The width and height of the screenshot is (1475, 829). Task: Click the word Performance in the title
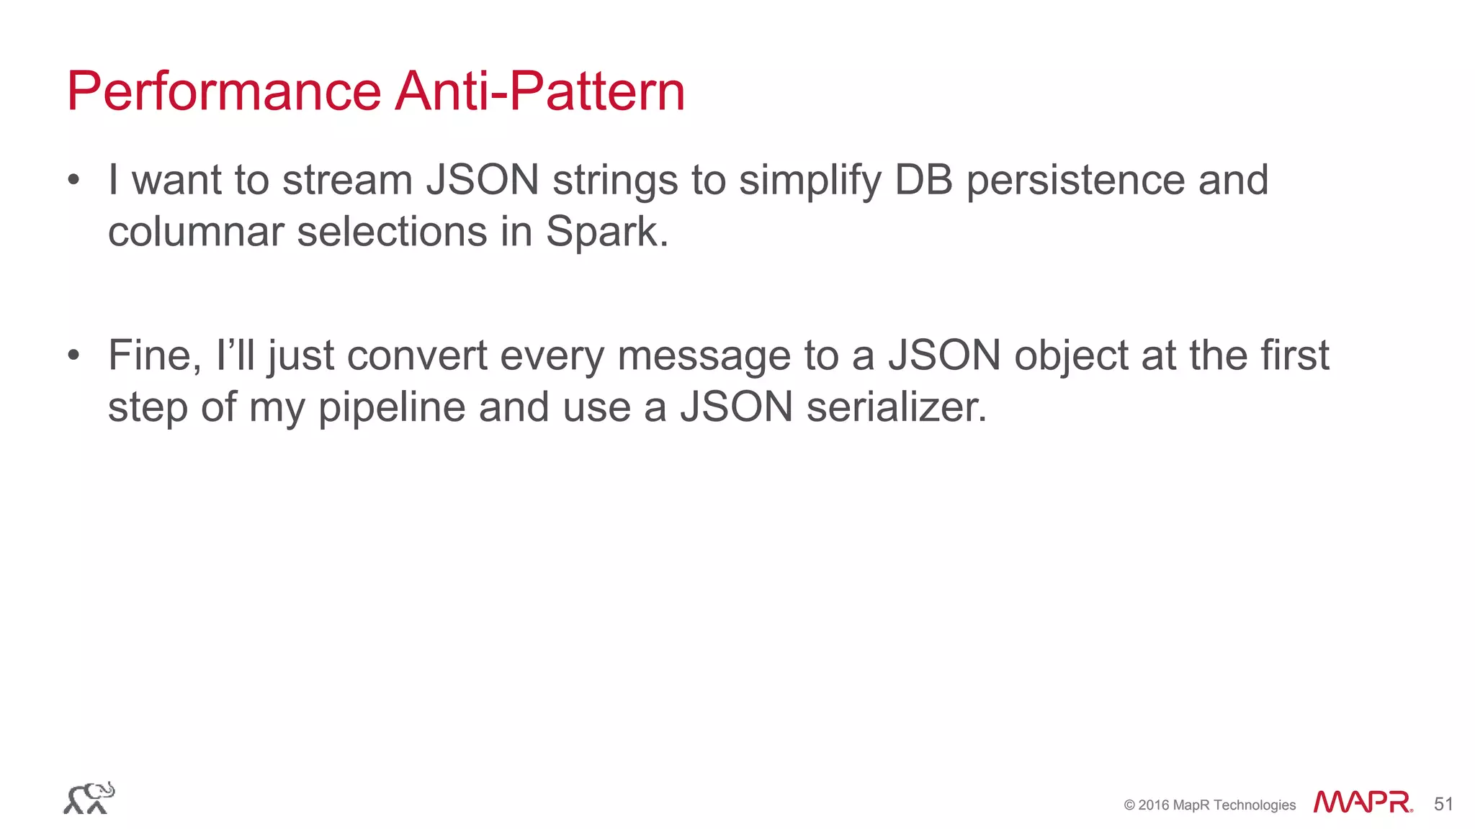[223, 91]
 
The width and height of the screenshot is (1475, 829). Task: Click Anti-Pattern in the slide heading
[540, 91]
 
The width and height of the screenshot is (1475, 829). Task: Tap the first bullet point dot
[73, 181]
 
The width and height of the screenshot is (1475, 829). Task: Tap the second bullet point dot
[73, 356]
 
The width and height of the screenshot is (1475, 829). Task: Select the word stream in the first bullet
[347, 180]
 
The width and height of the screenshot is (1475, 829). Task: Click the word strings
[615, 181]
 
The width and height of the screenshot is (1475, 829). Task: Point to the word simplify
[810, 181]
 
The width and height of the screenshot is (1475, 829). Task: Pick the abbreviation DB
[923, 180]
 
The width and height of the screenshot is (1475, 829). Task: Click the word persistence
[1075, 181]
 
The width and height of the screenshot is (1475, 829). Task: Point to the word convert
[417, 355]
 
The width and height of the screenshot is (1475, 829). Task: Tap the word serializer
[896, 407]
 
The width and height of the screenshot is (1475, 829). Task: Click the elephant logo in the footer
[89, 798]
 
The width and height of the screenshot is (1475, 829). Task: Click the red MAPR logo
[1362, 802]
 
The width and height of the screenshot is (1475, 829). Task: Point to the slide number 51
[1443, 804]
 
